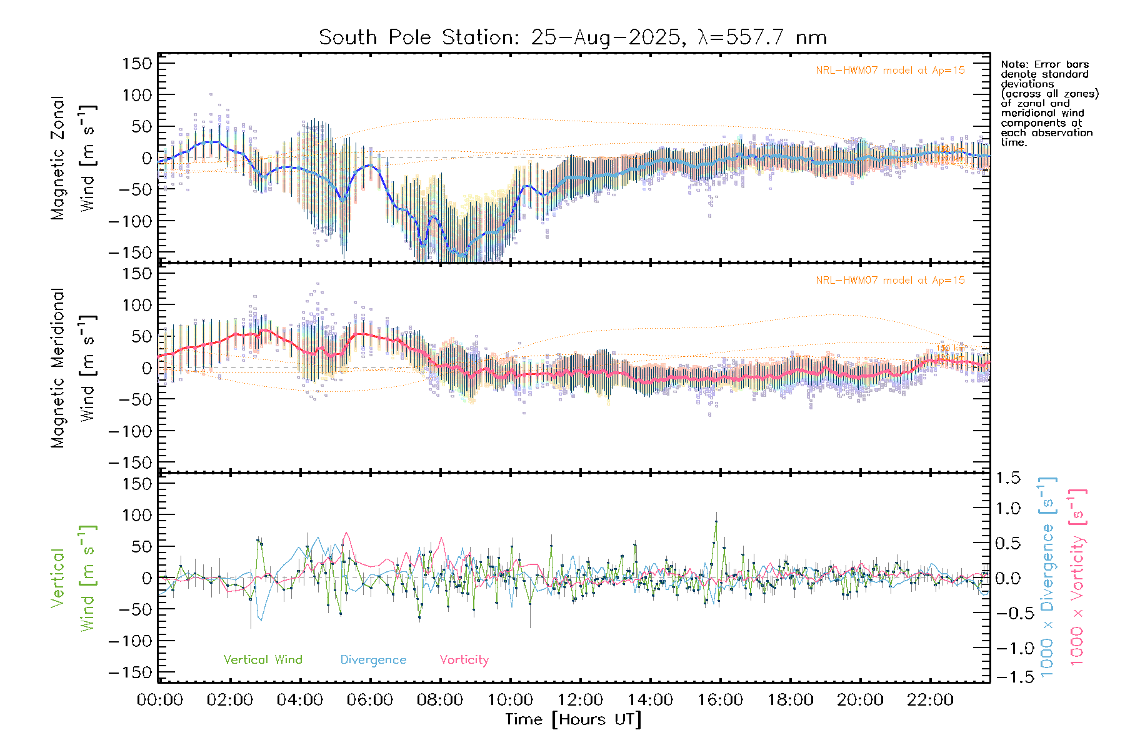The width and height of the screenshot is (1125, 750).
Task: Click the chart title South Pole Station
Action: (572, 37)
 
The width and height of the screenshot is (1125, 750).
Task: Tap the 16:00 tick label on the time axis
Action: (720, 700)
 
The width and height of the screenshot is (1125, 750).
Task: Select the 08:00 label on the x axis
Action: (440, 700)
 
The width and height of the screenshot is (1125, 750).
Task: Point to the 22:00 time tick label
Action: (930, 700)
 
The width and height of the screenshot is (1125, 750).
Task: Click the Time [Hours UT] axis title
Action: (572, 719)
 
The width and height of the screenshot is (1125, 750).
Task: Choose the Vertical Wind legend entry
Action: (262, 659)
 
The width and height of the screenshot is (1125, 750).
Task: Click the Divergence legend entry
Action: (373, 659)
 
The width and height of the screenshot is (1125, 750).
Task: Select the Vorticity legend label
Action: (464, 659)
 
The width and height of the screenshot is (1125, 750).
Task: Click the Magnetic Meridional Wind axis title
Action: (74, 367)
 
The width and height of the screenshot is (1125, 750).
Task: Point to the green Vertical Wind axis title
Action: (74, 577)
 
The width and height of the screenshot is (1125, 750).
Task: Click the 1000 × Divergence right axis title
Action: (1047, 577)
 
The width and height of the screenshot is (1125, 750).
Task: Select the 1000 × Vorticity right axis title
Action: (1077, 577)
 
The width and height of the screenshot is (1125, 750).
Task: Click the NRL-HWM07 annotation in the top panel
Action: (890, 71)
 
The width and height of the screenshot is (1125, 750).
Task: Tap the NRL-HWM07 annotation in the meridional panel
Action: (890, 281)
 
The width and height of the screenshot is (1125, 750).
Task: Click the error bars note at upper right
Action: (1049, 103)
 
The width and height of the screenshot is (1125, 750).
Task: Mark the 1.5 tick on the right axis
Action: (1007, 478)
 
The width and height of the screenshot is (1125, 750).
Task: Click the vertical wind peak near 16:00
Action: (716, 521)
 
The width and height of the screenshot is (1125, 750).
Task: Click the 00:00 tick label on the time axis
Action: (160, 700)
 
